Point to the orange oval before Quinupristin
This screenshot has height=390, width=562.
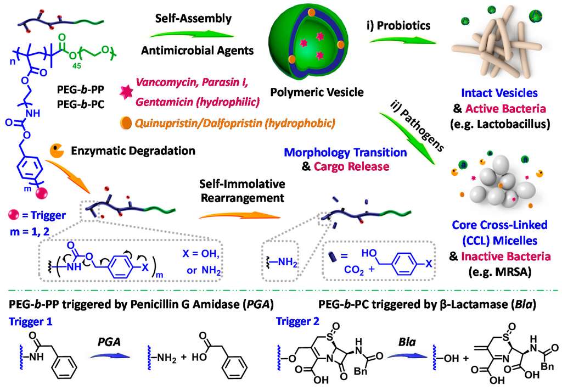click(127, 122)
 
